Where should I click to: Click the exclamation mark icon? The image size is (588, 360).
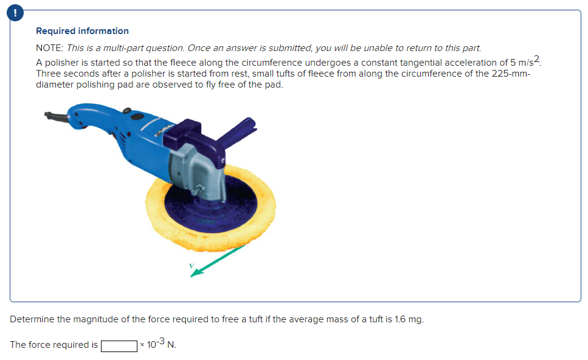[x=9, y=10]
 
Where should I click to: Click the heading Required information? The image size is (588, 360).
[x=82, y=31]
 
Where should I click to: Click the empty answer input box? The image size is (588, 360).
[x=119, y=345]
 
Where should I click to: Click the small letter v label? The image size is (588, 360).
[x=191, y=265]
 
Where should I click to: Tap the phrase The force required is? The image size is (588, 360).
[x=54, y=345]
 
